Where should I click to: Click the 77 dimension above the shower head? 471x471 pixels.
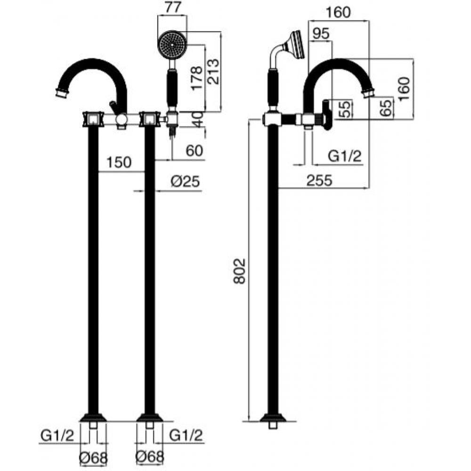[x=172, y=8]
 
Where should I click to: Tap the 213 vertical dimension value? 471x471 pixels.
[x=213, y=72]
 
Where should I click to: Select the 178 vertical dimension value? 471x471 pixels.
[x=197, y=78]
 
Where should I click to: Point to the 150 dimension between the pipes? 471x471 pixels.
[x=119, y=162]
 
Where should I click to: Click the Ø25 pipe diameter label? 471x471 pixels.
[x=185, y=181]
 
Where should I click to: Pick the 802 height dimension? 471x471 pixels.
[x=240, y=271]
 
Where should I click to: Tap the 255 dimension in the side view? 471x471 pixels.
[x=319, y=180]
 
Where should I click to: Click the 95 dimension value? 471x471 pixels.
[x=321, y=33]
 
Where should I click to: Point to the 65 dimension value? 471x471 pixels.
[x=386, y=107]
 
